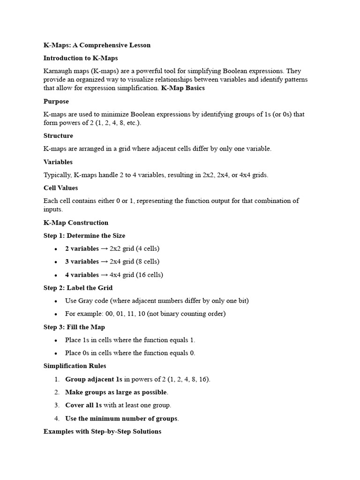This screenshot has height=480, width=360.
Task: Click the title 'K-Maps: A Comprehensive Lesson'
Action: pyautogui.click(x=97, y=45)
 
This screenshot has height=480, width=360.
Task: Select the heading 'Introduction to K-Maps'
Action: pyautogui.click(x=81, y=58)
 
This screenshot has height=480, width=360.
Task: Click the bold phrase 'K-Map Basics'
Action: pyautogui.click(x=183, y=88)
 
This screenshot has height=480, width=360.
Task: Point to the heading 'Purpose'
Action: pyautogui.click(x=56, y=101)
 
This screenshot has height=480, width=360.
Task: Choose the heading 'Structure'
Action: pyautogui.click(x=58, y=135)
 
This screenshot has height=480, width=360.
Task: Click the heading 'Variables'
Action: pyautogui.click(x=58, y=162)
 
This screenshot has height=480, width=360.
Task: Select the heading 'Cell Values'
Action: pyautogui.click(x=60, y=187)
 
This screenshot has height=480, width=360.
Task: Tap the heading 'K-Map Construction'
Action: pyautogui.click(x=75, y=223)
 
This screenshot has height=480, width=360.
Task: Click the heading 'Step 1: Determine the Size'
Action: pyautogui.click(x=84, y=236)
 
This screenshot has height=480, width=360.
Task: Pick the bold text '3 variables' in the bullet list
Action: pyautogui.click(x=82, y=262)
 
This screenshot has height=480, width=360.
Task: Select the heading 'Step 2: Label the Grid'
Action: pyautogui.click(x=78, y=288)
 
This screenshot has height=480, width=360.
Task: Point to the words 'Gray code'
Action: pyautogui.click(x=92, y=300)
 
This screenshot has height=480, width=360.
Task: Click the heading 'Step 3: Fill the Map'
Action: pyautogui.click(x=74, y=327)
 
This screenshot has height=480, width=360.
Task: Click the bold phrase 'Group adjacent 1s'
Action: pyautogui.click(x=94, y=379)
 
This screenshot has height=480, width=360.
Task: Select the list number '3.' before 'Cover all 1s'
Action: pyautogui.click(x=57, y=405)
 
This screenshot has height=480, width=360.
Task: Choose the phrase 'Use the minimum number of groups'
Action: pyautogui.click(x=121, y=419)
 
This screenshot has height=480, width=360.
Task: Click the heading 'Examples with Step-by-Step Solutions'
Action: pyautogui.click(x=102, y=431)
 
